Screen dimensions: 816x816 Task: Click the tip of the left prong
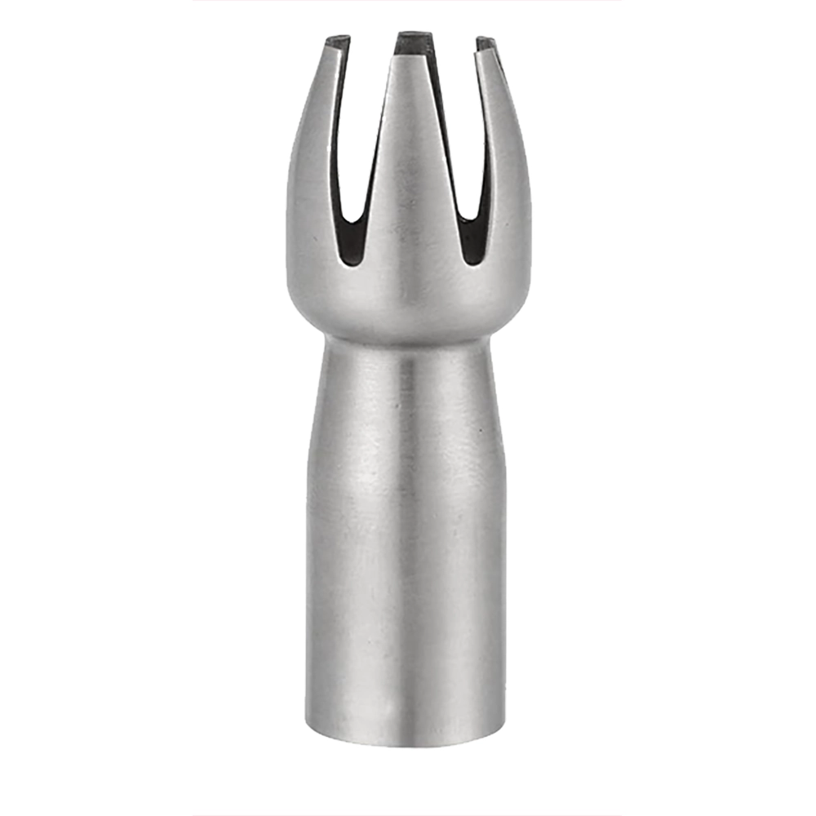click(336, 38)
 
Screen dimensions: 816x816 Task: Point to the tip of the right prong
click(486, 41)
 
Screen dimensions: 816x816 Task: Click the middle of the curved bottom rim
click(406, 744)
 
